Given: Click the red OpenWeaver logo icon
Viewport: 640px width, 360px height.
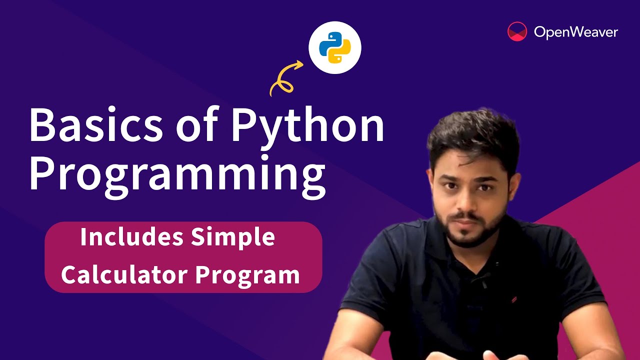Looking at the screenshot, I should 517,31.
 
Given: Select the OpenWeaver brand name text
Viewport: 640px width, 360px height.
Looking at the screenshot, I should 575,32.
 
